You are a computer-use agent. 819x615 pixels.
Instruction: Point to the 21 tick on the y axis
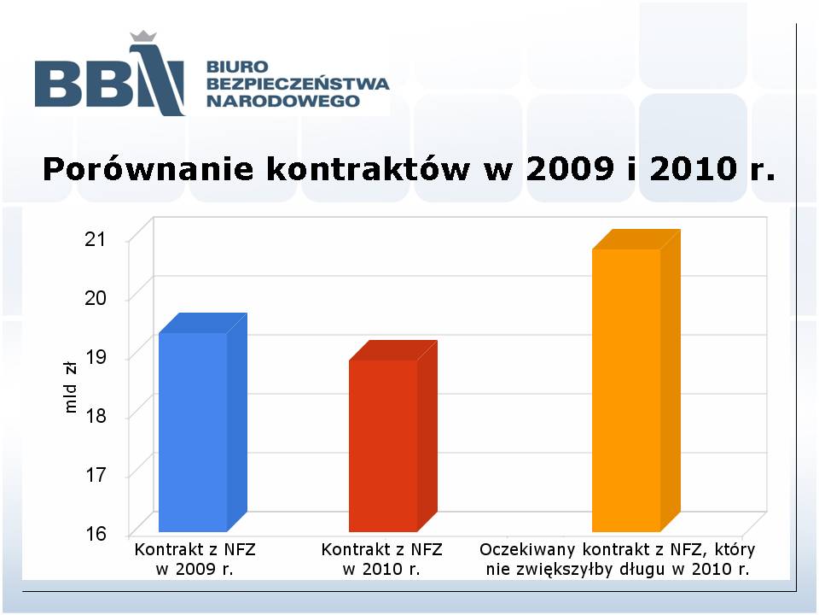tap(95, 239)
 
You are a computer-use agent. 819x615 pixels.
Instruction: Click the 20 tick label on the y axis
tap(95, 298)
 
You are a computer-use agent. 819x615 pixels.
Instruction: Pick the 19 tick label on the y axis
tap(95, 357)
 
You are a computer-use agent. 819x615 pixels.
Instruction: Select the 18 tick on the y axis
tap(95, 416)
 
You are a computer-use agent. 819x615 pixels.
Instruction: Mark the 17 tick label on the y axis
tap(95, 475)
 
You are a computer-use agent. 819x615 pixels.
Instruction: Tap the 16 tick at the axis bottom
tap(95, 534)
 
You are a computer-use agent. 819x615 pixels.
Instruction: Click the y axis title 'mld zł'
tap(70, 388)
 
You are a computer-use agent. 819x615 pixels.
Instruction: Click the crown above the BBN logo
tap(143, 36)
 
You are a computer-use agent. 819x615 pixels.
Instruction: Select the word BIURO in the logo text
tap(237, 67)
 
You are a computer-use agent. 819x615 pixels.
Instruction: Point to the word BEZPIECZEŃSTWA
tap(298, 84)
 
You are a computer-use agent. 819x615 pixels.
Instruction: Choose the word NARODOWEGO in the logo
tap(283, 101)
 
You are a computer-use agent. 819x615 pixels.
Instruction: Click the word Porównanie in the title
tap(148, 169)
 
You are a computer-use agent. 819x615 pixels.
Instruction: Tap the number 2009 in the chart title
tap(569, 169)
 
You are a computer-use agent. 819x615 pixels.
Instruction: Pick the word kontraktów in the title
tap(369, 169)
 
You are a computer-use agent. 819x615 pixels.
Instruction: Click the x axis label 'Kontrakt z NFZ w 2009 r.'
tap(195, 559)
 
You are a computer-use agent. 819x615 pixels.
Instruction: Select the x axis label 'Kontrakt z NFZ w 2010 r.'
tap(382, 559)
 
